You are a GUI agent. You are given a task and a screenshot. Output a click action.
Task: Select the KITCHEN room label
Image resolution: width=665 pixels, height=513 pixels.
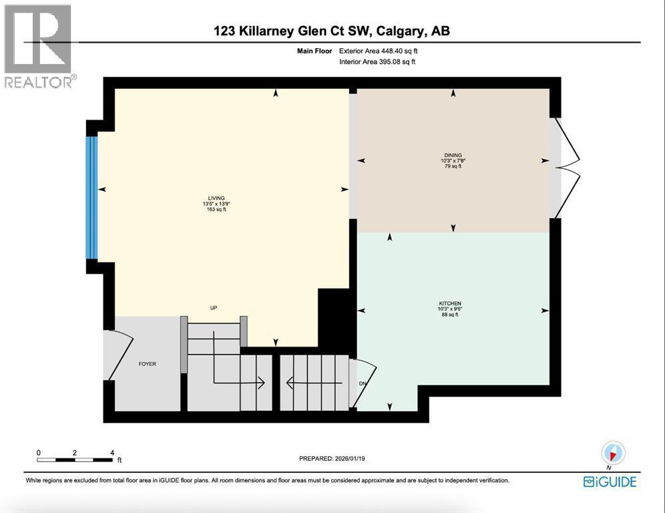(451, 303)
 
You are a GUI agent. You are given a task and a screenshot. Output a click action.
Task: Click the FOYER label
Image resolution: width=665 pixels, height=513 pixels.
(147, 364)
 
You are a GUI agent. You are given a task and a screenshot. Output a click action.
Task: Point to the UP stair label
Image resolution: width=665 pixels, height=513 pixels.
(214, 308)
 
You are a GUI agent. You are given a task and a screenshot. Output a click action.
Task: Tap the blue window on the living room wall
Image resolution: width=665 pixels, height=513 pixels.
(92, 198)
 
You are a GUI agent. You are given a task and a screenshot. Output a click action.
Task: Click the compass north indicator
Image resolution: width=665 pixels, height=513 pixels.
(612, 454)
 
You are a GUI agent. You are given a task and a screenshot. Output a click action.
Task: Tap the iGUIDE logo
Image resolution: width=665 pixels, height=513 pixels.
(610, 482)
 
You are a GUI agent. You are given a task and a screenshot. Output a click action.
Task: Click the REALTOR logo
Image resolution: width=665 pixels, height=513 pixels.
(38, 45)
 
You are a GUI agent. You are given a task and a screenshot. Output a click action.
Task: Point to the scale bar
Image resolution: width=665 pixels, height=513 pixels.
(74, 460)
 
